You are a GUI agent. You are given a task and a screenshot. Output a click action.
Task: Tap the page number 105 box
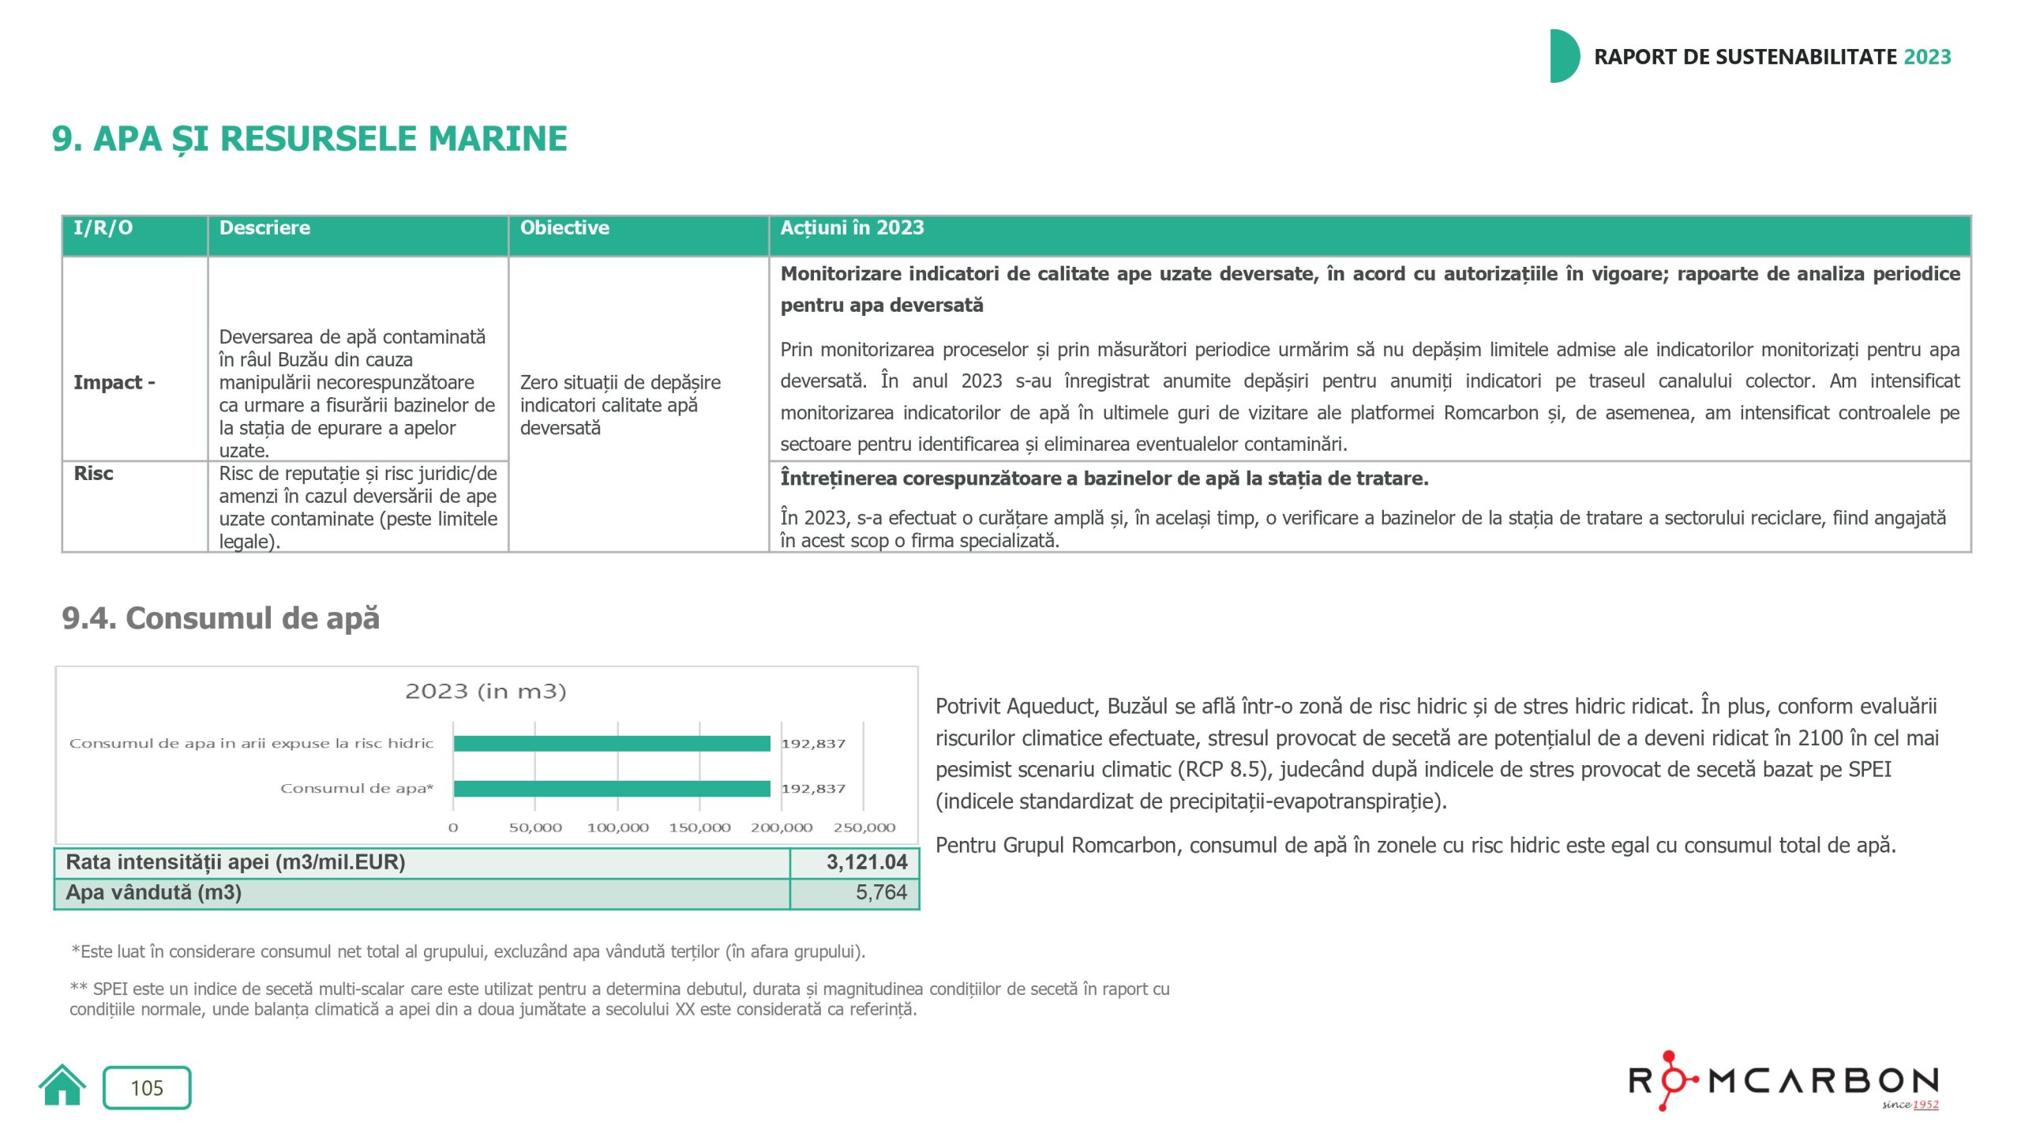point(147,1088)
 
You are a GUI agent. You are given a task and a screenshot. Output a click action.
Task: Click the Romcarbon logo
point(1783,1081)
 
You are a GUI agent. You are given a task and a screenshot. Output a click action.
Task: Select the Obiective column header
point(564,228)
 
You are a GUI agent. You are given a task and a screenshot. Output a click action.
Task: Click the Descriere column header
point(264,228)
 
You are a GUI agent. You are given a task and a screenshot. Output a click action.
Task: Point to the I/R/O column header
point(103,228)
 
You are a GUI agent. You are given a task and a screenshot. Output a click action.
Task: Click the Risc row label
point(93,474)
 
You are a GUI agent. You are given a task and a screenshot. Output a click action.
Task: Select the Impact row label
point(114,383)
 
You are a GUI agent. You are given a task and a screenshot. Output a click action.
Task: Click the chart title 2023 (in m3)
point(486,692)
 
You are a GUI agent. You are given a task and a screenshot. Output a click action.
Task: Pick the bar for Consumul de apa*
point(612,789)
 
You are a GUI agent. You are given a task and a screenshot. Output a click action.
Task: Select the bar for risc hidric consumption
point(612,744)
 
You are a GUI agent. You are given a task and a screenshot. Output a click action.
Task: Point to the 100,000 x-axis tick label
point(617,828)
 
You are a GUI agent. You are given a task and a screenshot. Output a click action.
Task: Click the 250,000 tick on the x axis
point(864,828)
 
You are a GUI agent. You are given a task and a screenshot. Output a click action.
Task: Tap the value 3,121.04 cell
point(866,862)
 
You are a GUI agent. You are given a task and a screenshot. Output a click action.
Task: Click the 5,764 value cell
point(880,893)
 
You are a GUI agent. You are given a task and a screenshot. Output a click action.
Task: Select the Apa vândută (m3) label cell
point(154,893)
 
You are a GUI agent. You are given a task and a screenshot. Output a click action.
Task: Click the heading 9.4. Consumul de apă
point(221,618)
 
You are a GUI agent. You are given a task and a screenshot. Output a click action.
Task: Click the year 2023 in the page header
point(1927,57)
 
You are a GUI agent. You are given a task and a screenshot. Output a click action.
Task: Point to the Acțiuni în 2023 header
point(852,228)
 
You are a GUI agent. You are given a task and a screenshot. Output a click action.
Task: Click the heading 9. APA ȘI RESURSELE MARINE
point(309,139)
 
